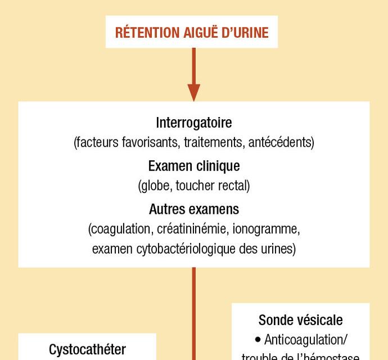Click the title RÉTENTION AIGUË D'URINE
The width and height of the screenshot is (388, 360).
(192, 32)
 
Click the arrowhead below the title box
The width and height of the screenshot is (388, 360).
(193, 92)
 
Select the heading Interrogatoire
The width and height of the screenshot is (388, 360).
(193, 123)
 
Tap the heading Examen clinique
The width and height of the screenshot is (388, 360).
(193, 166)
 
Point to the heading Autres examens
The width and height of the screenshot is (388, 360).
(193, 209)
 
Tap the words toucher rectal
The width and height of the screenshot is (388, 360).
(214, 186)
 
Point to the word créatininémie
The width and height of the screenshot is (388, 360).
(188, 229)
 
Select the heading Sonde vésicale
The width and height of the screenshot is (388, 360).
(300, 320)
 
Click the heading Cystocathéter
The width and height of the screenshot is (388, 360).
(87, 349)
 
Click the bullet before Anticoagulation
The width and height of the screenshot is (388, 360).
(258, 340)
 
